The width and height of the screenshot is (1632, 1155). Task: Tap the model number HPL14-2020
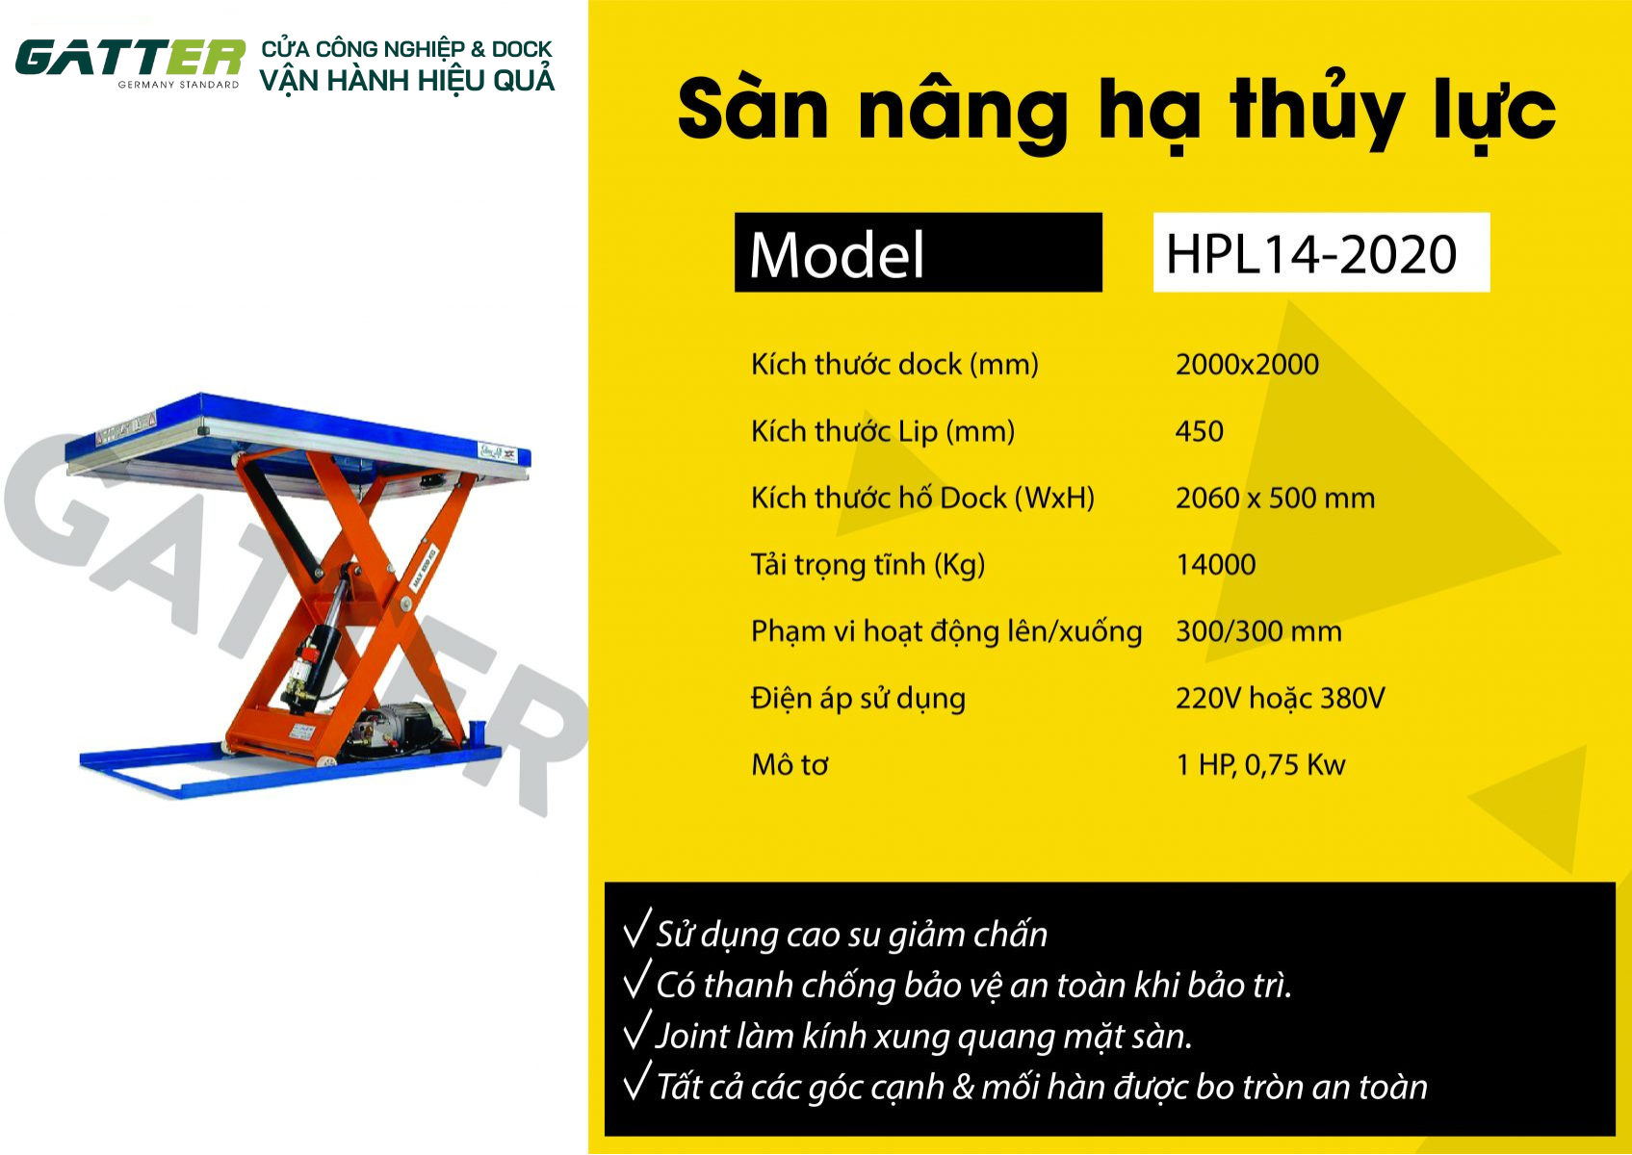coord(1311,255)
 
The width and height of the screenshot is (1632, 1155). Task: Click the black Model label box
coord(918,252)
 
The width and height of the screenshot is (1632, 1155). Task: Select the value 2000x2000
coord(1247,364)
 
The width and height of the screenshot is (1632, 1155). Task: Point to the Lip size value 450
coord(1200,431)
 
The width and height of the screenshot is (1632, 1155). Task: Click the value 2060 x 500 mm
coord(1275,499)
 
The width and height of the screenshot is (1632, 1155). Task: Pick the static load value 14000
coord(1216,564)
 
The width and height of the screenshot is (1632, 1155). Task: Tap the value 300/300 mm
coord(1258,631)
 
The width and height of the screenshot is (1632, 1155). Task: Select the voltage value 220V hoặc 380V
coord(1281,699)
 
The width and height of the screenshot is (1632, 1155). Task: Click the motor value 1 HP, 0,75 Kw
coord(1260,764)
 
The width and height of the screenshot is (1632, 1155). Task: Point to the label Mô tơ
coord(790,764)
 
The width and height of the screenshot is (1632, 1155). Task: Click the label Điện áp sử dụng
coord(858,699)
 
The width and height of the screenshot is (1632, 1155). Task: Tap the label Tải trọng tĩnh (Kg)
coord(868,565)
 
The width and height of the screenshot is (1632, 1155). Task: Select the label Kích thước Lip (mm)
coord(883,432)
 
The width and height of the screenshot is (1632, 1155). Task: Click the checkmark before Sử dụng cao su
coord(636,928)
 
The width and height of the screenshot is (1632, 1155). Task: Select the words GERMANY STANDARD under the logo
coord(178,85)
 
